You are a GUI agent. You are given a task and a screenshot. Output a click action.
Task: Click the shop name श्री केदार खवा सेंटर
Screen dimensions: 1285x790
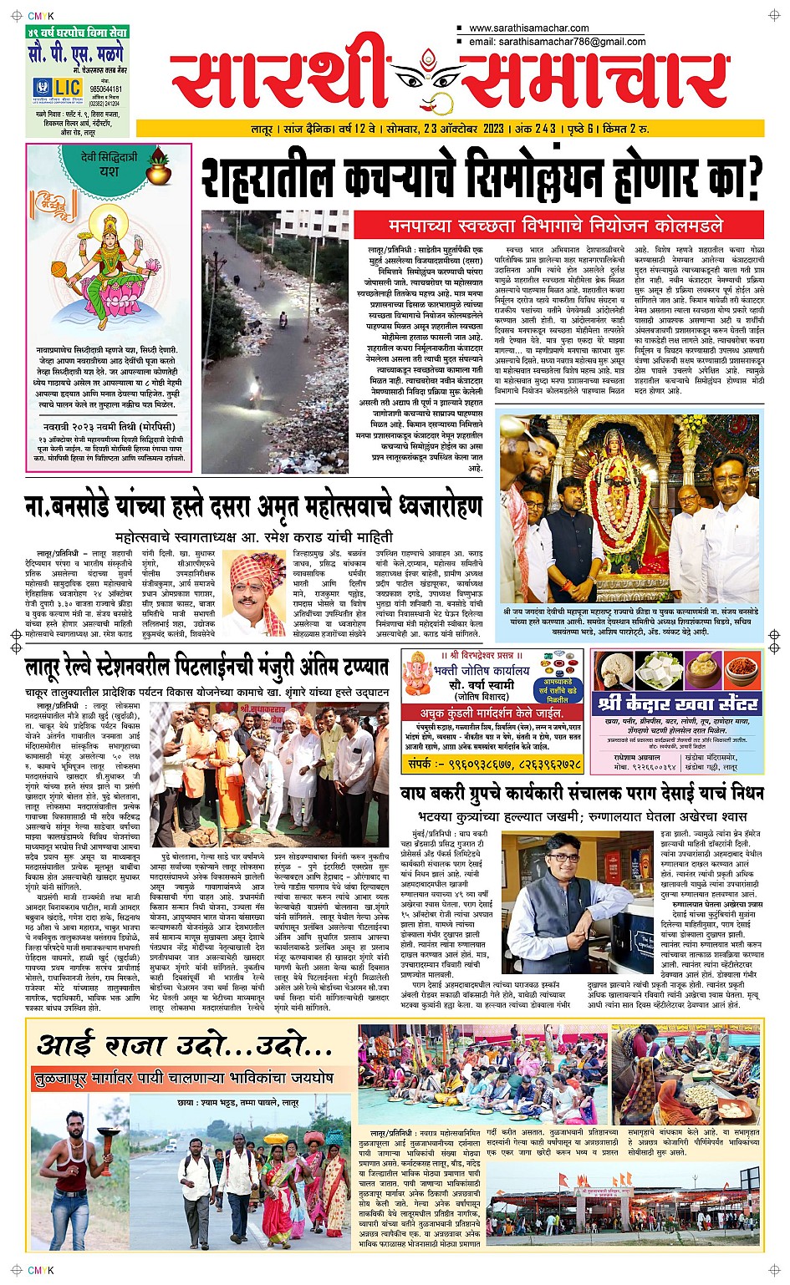pos(678,703)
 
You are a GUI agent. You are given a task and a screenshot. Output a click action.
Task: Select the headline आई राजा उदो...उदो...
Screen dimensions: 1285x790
pos(186,1045)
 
